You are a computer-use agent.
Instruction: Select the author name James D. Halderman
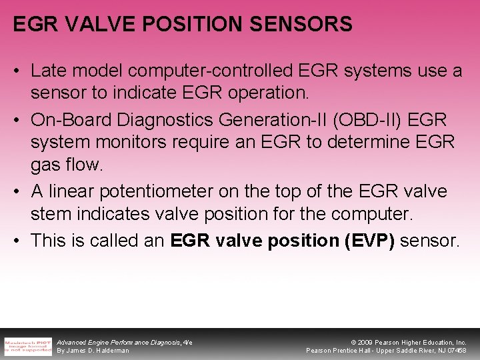pos(93,350)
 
